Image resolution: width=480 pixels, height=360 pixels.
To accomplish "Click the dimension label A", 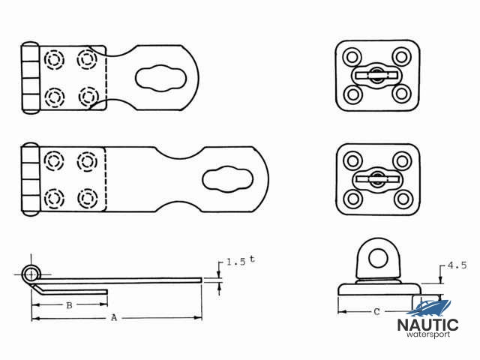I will pos(113,318).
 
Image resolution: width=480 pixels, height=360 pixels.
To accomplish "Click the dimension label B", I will pos(68,305).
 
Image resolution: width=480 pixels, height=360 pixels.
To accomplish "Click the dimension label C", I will pos(376,310).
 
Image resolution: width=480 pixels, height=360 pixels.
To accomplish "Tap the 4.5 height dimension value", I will pos(457,265).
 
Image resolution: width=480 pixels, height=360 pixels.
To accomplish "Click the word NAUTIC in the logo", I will pos(427,325).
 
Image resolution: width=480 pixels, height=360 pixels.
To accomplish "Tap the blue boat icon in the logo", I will pos(433,307).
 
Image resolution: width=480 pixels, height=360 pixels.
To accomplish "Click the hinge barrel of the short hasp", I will pos(29,78).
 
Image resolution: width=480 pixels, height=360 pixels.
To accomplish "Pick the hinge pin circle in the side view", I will pos(31,271).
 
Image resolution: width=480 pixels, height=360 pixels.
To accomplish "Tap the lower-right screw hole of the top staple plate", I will pos(401,94).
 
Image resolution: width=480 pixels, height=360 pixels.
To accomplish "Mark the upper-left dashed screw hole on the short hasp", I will pos(54,58).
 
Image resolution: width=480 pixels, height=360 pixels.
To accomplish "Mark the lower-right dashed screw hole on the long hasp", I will pos(88,197).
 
